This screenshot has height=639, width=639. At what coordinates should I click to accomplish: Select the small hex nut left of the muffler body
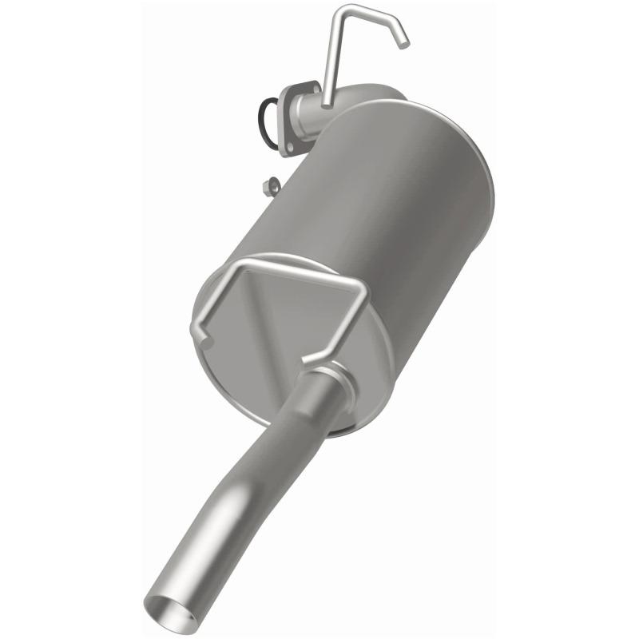pyautogui.click(x=271, y=185)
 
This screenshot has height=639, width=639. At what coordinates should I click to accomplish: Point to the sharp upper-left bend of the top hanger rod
pyautogui.click(x=344, y=10)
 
